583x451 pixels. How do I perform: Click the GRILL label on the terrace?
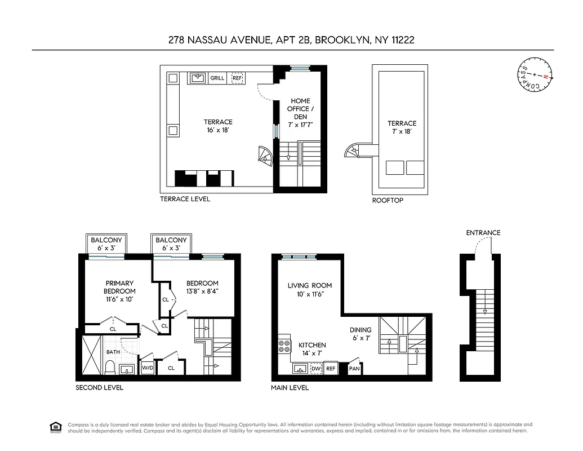[x=217, y=78]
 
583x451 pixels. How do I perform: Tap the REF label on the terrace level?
[x=237, y=78]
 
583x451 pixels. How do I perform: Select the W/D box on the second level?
[x=147, y=368]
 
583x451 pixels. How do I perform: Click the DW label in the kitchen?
[x=316, y=369]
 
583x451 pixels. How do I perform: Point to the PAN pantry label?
[x=354, y=369]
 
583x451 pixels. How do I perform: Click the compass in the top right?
[x=535, y=75]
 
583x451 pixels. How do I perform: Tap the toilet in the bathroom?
[x=110, y=367]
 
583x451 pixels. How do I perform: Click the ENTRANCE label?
[x=483, y=233]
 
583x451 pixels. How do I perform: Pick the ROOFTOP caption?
[x=388, y=200]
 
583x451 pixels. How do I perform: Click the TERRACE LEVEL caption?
[x=185, y=199]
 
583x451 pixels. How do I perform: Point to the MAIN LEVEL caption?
[x=290, y=388]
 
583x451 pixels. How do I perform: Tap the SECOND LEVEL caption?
[x=99, y=388]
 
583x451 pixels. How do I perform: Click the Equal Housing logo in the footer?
[x=56, y=427]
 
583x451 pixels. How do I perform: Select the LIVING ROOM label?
[x=310, y=286]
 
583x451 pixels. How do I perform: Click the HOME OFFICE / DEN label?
[x=300, y=109]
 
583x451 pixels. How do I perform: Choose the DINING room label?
[x=361, y=330]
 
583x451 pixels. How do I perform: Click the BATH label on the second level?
[x=113, y=352]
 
